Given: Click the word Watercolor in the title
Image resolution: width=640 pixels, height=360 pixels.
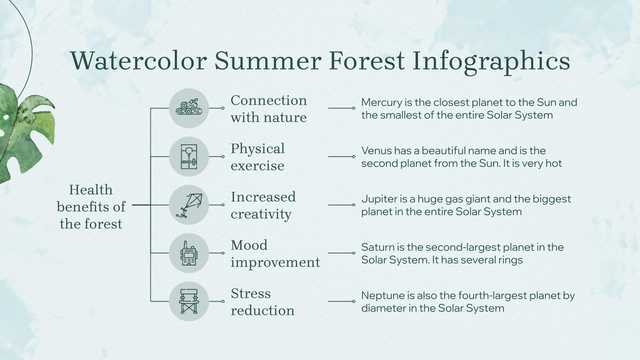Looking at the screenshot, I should tap(139, 61).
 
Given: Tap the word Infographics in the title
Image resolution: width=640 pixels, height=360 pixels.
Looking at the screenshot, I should tap(491, 61).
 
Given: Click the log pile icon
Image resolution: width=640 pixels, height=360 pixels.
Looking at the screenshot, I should tap(189, 108).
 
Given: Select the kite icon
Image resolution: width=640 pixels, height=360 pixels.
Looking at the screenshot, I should tap(189, 205).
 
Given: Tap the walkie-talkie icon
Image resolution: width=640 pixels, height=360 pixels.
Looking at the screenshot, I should tap(189, 253).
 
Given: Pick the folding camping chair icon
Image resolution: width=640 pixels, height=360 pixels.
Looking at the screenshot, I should tap(189, 301).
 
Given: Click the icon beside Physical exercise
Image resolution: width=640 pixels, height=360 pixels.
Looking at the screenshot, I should tap(189, 156).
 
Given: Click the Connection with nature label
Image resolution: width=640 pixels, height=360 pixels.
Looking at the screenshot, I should tap(268, 108).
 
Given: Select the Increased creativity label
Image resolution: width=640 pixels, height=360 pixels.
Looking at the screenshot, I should tap(263, 205).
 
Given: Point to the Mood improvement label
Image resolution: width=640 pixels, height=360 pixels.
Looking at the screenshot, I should tap(275, 254).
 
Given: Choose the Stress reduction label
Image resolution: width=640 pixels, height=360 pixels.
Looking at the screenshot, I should tap(262, 302).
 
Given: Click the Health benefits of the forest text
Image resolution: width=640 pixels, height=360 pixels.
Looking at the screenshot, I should tap(91, 206).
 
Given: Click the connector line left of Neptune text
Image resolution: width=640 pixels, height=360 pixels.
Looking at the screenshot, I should tap(341, 301).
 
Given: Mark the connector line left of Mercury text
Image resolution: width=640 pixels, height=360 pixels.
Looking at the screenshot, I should tap(341, 108).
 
